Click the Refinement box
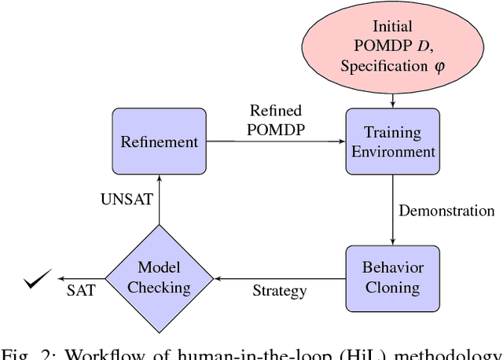(x=159, y=141)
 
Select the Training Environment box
(x=391, y=141)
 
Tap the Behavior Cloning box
(x=391, y=277)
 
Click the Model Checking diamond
(x=159, y=278)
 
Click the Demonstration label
(x=446, y=211)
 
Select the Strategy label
(x=279, y=292)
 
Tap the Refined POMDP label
(x=275, y=119)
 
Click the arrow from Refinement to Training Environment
(x=275, y=141)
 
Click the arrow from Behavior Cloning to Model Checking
(x=279, y=278)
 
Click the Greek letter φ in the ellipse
(x=438, y=66)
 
